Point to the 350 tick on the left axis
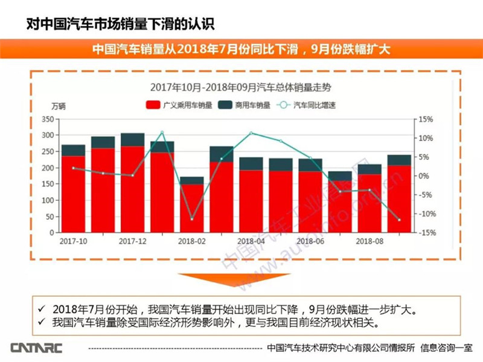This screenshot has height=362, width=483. pos(48,119)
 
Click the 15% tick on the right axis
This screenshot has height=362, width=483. pos(427,119)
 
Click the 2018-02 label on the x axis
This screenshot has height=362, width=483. pos(191,241)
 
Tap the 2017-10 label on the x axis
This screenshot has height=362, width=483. pos(73,241)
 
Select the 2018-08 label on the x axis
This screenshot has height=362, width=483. pos(369,241)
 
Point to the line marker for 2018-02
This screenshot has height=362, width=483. pos(192,218)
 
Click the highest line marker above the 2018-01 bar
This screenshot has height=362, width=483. pos(162,132)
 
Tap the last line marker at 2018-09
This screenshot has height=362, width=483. pos(399,220)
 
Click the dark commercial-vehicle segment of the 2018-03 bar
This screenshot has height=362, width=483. pos(222,154)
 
